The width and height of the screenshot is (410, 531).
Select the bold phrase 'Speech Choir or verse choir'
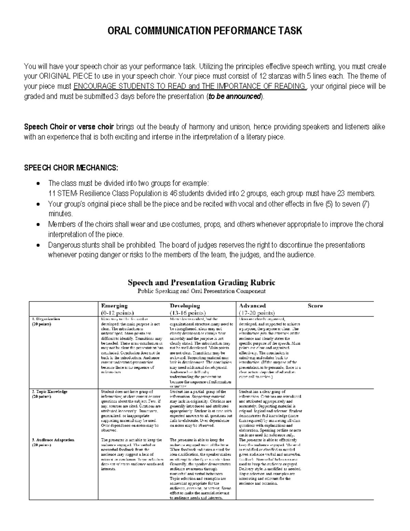(69, 127)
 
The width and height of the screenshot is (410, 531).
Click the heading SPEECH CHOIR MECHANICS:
(71, 168)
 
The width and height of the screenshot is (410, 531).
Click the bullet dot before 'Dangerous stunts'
(38, 245)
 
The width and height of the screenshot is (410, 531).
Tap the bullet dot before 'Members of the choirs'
(38, 225)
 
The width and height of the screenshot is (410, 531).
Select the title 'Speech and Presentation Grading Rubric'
(201, 283)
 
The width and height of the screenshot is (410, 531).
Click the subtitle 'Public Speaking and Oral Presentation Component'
(201, 291)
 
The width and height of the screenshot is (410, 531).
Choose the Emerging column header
(114, 306)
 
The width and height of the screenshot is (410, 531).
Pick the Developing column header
(185, 306)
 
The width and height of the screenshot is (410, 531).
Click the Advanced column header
(252, 306)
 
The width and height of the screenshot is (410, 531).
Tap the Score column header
(315, 306)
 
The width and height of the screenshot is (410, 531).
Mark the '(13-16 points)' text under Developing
(188, 313)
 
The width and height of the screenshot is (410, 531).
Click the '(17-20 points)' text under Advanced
(257, 313)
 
